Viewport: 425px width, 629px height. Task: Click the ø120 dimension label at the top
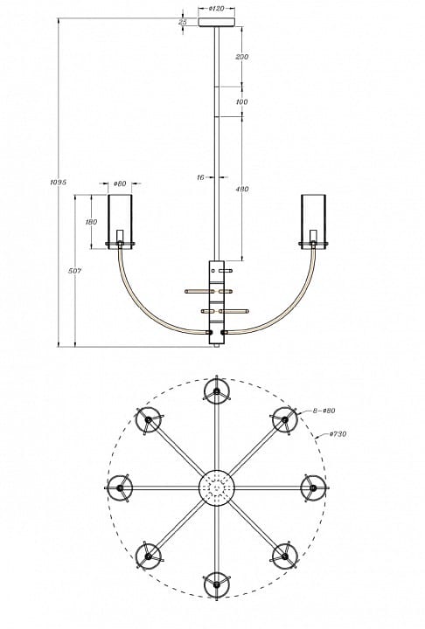(217, 9)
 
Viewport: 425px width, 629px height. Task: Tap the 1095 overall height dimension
(58, 182)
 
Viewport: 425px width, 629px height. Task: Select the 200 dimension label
(242, 57)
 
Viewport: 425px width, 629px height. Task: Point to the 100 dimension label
(241, 102)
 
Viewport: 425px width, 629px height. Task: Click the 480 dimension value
(242, 189)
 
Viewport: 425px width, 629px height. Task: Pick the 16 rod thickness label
(200, 176)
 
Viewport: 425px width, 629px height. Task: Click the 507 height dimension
(74, 271)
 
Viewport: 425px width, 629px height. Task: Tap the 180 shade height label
(91, 222)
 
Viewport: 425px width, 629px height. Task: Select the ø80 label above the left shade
(120, 183)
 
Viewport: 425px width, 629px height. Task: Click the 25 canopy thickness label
(183, 22)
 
